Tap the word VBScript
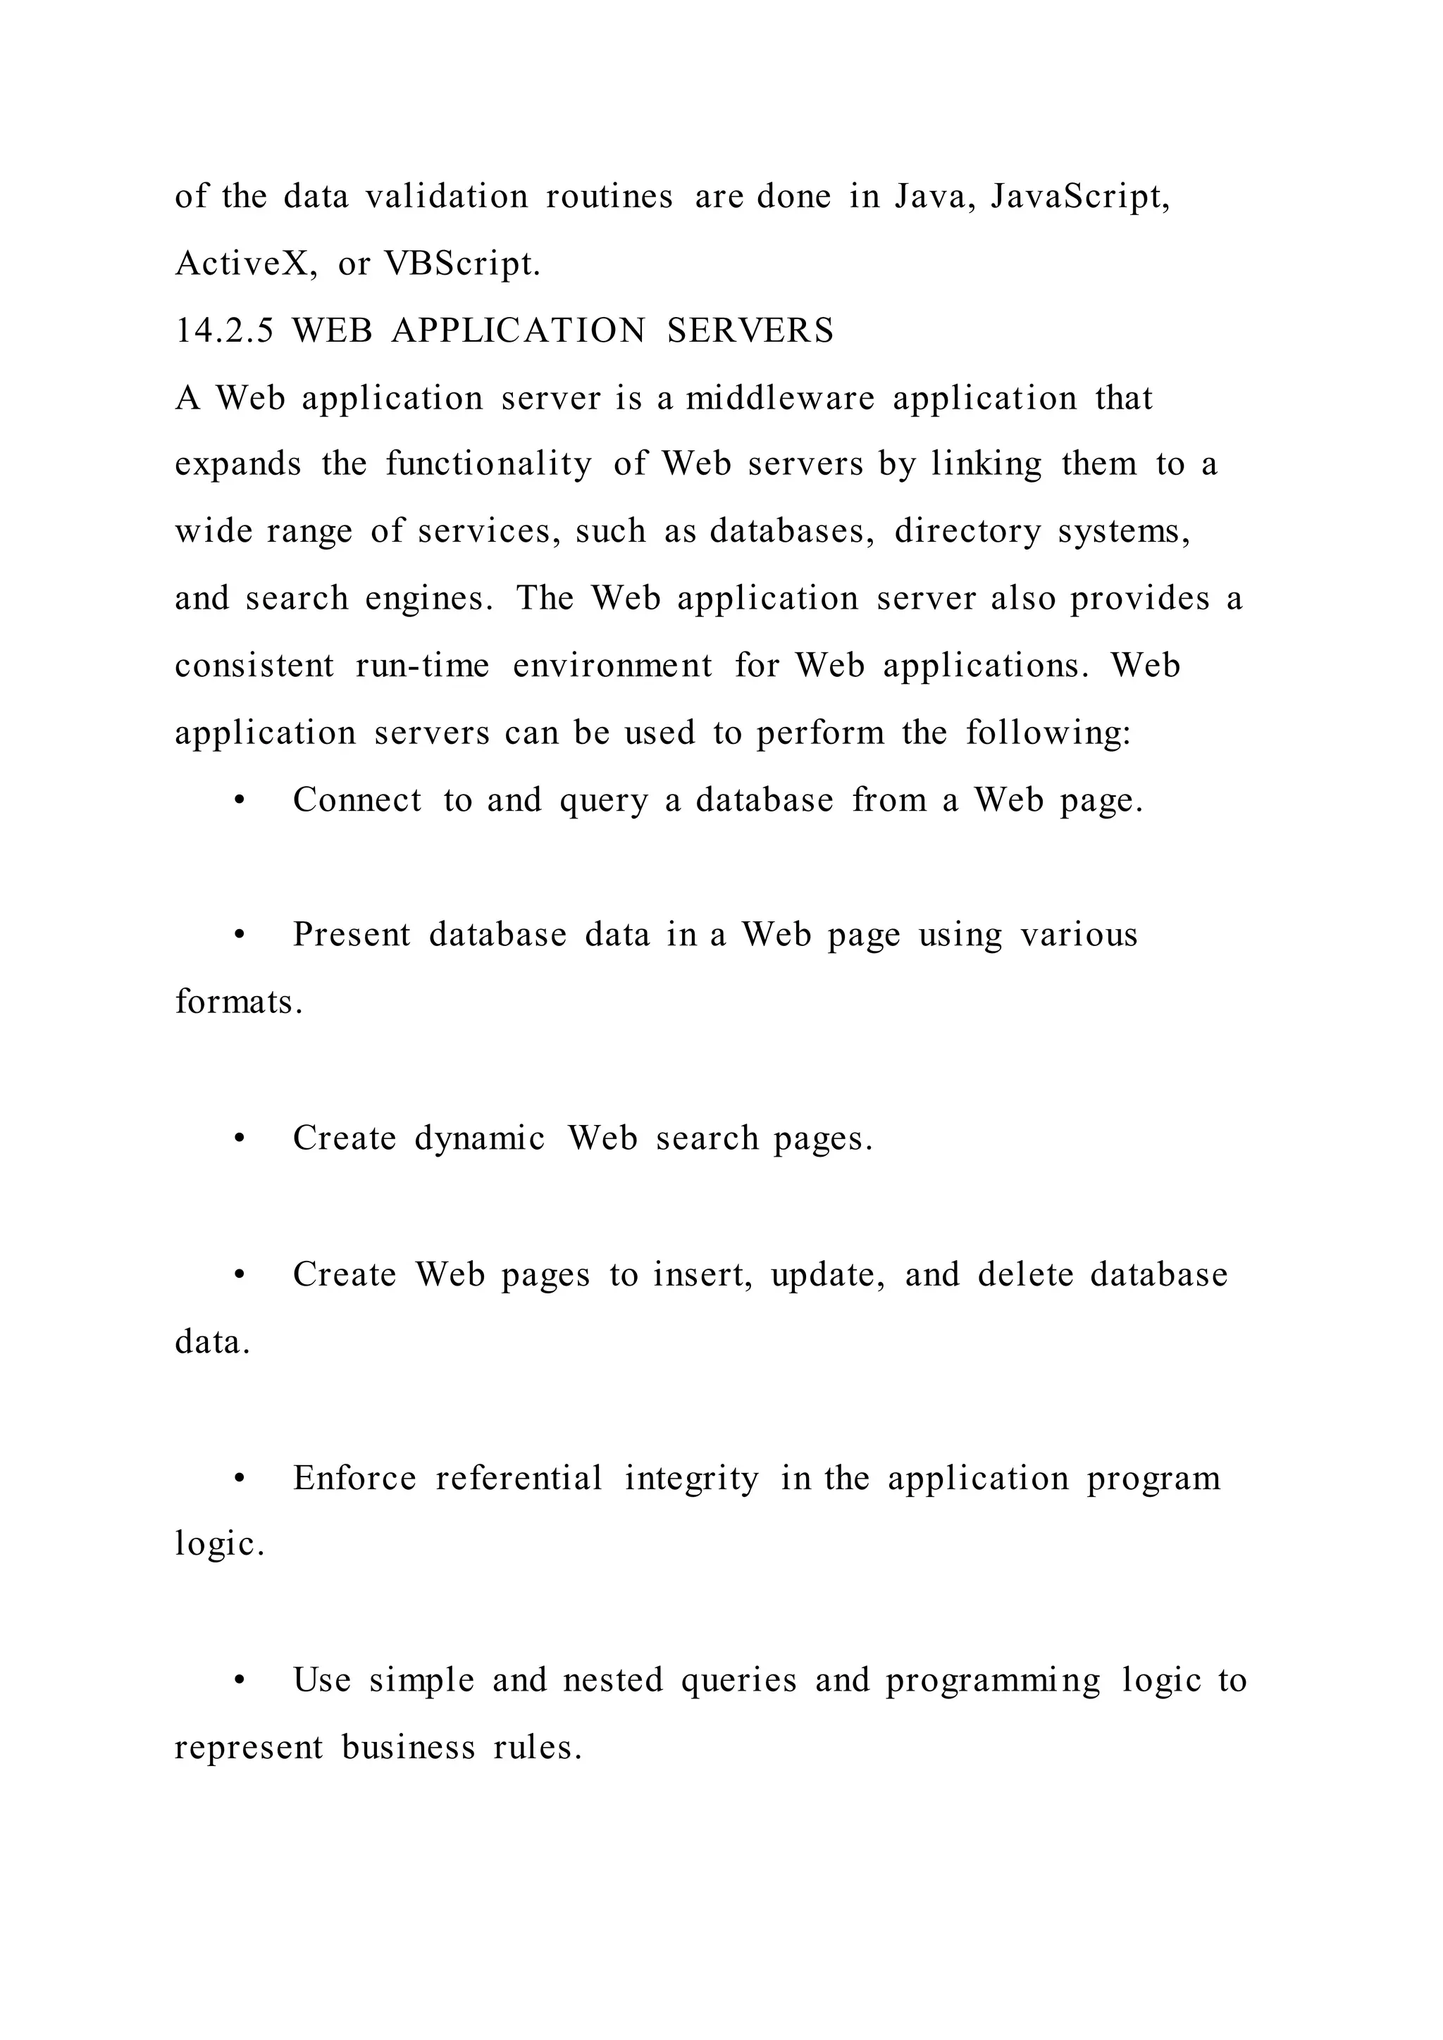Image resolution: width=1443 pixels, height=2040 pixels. (x=462, y=264)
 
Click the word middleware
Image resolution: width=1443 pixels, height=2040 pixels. (x=780, y=398)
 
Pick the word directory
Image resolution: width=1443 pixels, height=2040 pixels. (x=967, y=531)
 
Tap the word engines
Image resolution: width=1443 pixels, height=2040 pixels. (x=428, y=599)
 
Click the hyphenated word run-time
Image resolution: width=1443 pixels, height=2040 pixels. (x=422, y=666)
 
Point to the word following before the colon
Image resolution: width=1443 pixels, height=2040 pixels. (x=1045, y=733)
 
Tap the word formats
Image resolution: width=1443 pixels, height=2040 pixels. (x=238, y=1002)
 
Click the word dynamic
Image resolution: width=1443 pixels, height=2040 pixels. (x=479, y=1139)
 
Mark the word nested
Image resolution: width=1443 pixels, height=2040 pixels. (x=612, y=1681)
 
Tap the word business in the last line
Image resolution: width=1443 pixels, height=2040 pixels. (x=408, y=1748)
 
